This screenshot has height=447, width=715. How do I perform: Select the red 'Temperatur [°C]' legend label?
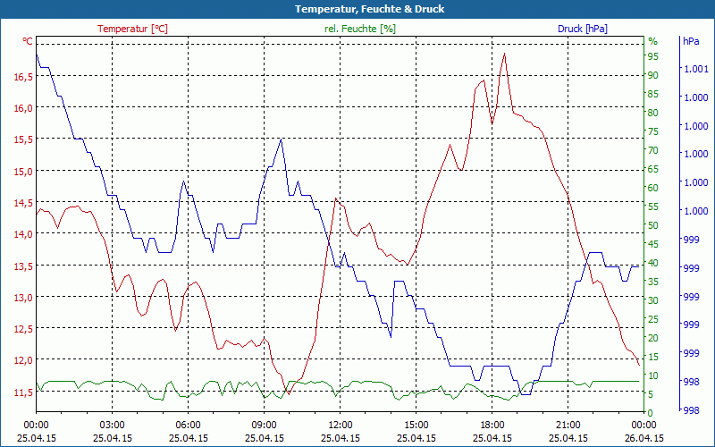click(x=132, y=29)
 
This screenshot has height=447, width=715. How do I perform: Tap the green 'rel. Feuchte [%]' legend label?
click(x=360, y=29)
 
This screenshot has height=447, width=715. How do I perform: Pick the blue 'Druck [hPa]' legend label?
click(x=582, y=29)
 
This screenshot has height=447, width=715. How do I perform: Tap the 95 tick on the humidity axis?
click(x=653, y=56)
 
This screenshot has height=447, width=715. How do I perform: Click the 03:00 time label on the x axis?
click(x=112, y=425)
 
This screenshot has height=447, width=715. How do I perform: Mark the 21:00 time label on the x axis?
click(x=568, y=425)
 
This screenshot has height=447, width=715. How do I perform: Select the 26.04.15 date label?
click(x=643, y=438)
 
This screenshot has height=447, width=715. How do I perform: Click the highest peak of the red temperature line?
click(x=505, y=54)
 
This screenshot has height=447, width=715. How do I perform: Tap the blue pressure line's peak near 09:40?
click(x=282, y=139)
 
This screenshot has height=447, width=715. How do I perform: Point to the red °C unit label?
click(x=27, y=41)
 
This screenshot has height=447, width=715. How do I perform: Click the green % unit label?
click(x=652, y=41)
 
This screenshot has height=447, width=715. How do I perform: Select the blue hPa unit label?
click(x=691, y=41)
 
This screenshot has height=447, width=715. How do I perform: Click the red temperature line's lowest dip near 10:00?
click(x=288, y=393)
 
